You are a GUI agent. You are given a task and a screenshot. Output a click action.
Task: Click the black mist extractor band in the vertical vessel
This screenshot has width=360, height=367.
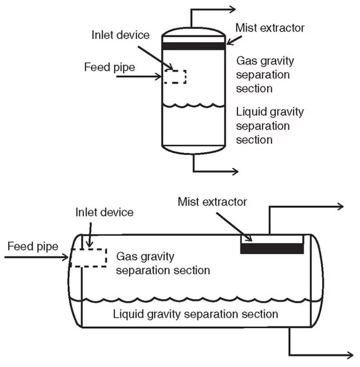(193, 46)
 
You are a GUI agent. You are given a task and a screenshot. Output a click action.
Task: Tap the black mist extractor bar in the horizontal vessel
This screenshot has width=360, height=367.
(272, 248)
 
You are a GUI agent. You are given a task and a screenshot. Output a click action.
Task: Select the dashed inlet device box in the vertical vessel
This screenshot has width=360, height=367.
(175, 76)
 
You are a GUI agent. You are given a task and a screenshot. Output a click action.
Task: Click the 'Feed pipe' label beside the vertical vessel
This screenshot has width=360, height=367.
(103, 67)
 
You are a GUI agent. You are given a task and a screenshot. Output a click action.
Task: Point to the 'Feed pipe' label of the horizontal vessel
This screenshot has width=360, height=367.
(32, 246)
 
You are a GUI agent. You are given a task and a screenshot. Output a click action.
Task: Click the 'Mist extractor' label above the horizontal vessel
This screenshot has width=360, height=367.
(212, 201)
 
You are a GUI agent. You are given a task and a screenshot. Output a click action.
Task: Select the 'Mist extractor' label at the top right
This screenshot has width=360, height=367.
(270, 28)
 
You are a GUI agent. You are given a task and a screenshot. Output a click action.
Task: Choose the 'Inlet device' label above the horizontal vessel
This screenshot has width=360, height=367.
(104, 212)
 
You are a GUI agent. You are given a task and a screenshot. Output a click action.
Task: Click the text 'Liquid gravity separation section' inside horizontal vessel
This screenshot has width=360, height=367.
(196, 313)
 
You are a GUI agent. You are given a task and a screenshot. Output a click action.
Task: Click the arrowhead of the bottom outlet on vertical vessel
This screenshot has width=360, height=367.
(235, 171)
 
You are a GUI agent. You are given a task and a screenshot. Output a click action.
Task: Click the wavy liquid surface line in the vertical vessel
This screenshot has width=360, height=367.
(193, 106)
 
